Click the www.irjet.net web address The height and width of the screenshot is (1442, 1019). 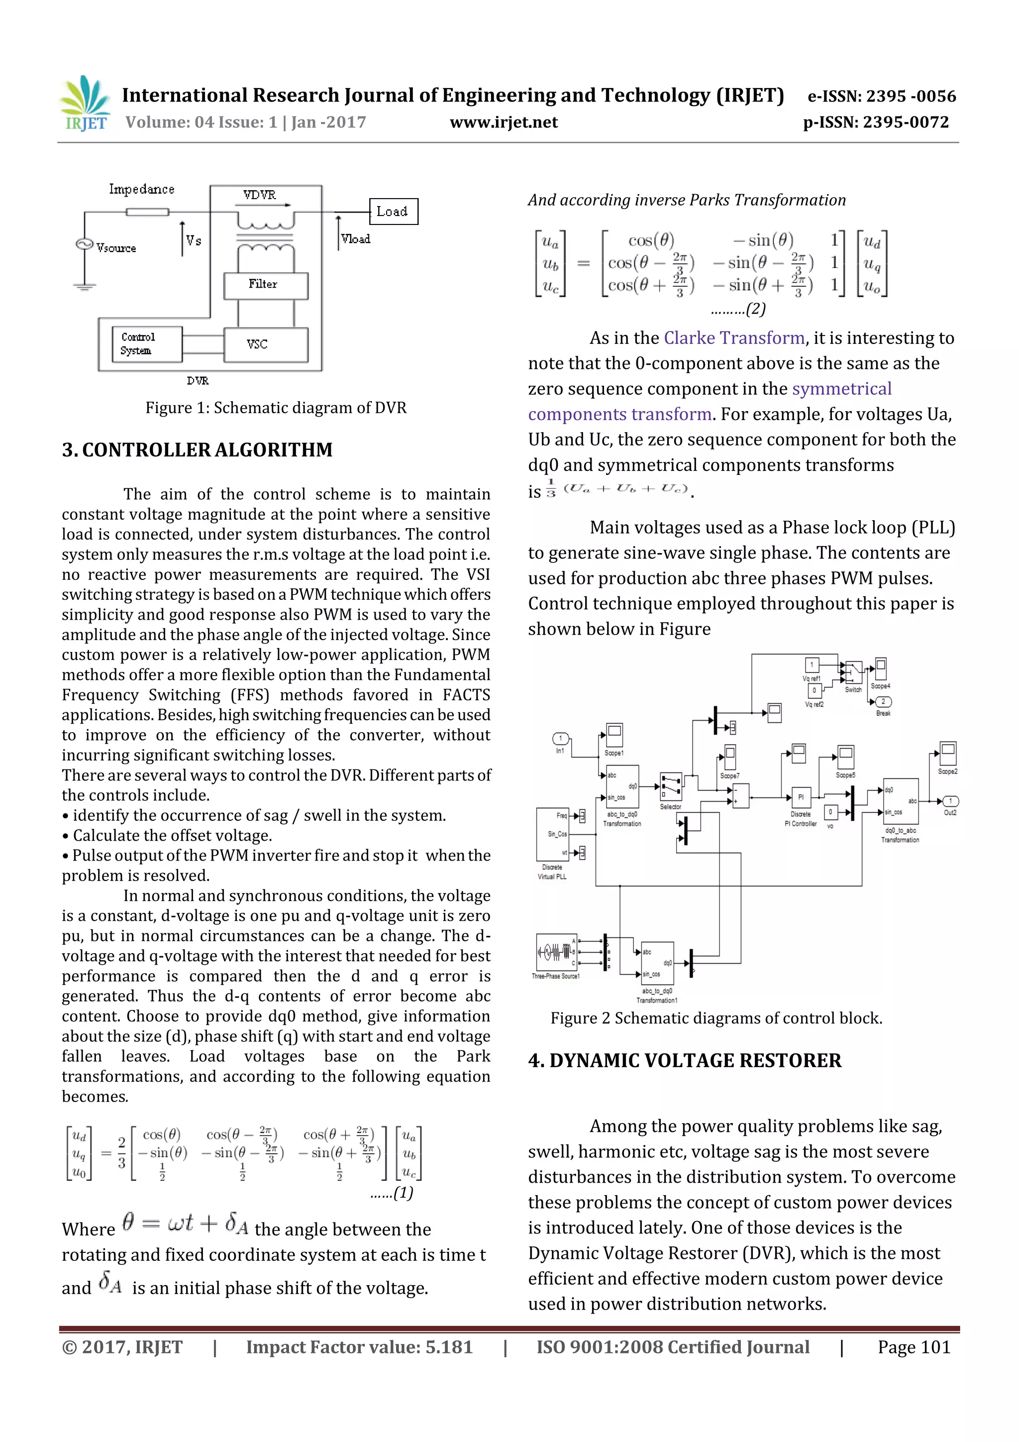tap(504, 122)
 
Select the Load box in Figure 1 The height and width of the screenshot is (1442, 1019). tap(393, 212)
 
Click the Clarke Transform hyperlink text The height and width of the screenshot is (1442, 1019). tap(734, 338)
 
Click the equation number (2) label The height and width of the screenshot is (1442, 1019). tap(738, 309)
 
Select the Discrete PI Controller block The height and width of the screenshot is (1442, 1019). tap(801, 797)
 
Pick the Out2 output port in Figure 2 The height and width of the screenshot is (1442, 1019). tap(950, 801)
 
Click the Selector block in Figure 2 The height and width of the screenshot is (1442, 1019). tap(671, 786)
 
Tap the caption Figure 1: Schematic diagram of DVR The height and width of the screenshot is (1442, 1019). tap(276, 408)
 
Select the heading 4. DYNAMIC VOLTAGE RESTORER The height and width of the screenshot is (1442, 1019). tap(684, 1060)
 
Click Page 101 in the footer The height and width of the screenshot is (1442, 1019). tap(914, 1347)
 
